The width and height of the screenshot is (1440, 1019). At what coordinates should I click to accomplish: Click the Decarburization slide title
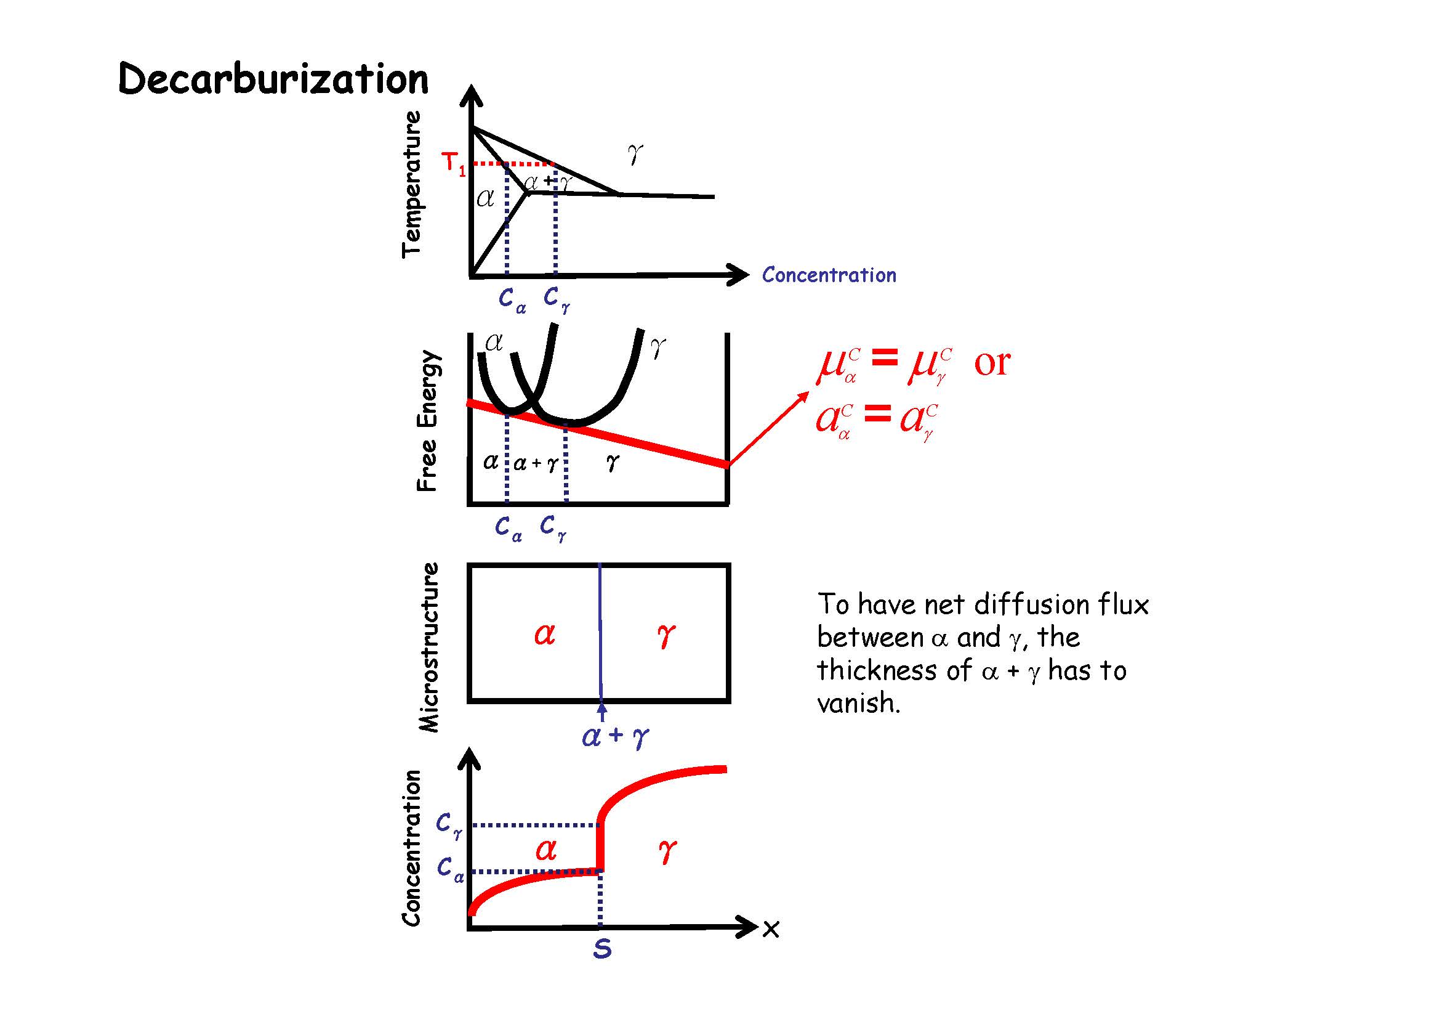pyautogui.click(x=273, y=79)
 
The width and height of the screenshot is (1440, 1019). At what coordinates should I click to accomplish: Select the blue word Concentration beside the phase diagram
pyautogui.click(x=829, y=275)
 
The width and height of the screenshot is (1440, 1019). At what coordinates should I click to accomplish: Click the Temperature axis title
pyautogui.click(x=412, y=184)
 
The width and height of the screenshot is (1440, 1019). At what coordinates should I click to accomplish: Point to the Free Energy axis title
pyautogui.click(x=428, y=421)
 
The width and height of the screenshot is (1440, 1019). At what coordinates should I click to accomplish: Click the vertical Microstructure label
pyautogui.click(x=430, y=648)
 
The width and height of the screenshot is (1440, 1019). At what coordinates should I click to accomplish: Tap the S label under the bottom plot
pyautogui.click(x=602, y=949)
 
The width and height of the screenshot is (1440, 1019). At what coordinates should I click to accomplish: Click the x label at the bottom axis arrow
pyautogui.click(x=771, y=929)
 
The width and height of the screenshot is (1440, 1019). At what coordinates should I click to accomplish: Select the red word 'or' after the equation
pyautogui.click(x=992, y=362)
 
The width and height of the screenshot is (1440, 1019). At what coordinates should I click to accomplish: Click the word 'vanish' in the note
pyautogui.click(x=858, y=703)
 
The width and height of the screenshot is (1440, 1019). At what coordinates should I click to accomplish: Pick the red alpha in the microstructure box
pyautogui.click(x=544, y=635)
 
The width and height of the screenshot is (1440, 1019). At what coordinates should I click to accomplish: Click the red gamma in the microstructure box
pyautogui.click(x=666, y=636)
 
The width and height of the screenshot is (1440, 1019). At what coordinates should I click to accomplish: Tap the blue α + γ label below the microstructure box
pyautogui.click(x=615, y=736)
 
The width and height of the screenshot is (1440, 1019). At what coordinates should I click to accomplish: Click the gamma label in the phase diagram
pyautogui.click(x=635, y=154)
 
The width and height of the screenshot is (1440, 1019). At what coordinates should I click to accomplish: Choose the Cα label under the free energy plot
pyautogui.click(x=508, y=528)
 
